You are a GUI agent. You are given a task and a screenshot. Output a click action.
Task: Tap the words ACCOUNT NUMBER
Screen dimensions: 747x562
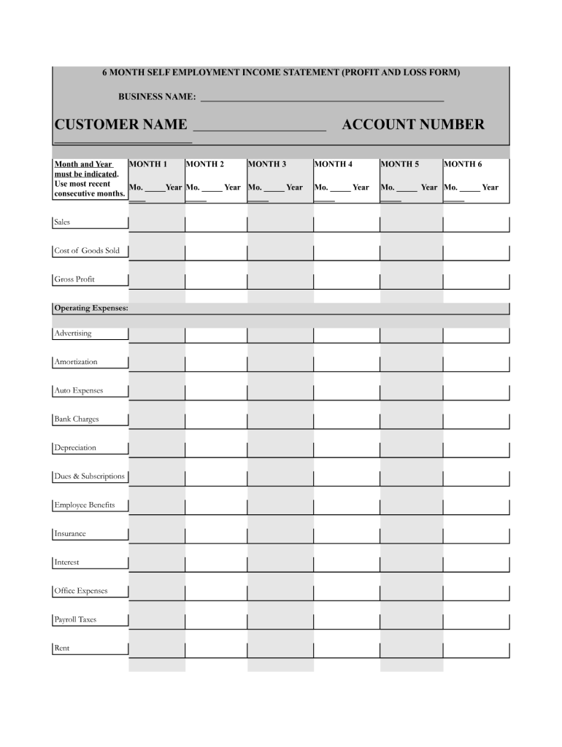413,125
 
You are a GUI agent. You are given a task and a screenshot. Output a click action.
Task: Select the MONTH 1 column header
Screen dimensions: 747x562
148,164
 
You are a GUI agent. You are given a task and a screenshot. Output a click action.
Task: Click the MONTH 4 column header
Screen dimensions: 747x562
334,164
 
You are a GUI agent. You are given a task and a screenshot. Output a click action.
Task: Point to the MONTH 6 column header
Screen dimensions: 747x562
463,164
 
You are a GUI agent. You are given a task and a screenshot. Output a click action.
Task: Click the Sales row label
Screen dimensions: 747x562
63,222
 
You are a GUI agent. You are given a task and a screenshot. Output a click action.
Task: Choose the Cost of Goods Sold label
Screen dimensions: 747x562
87,251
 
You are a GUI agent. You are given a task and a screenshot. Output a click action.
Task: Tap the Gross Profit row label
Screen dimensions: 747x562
74,279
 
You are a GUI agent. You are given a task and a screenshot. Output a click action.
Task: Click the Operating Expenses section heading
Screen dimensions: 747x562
91,309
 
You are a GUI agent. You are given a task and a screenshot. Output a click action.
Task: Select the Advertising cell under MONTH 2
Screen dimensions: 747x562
216,335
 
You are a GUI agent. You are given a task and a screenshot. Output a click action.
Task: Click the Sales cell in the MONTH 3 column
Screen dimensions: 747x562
280,223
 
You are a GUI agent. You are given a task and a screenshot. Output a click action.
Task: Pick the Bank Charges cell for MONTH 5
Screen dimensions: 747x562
412,421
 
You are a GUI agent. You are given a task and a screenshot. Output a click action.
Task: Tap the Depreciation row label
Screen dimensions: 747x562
75,448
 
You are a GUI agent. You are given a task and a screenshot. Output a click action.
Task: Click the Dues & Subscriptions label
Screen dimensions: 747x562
89,476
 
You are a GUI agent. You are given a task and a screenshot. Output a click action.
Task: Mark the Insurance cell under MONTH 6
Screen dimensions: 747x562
476,535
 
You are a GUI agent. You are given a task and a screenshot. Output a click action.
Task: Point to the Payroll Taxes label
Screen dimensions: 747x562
75,620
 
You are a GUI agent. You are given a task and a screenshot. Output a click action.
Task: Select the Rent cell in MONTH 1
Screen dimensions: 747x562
157,650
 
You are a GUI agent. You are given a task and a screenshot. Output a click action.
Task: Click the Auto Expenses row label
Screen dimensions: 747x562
79,391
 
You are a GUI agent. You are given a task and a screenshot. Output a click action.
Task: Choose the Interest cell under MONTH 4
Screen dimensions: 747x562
347,564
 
